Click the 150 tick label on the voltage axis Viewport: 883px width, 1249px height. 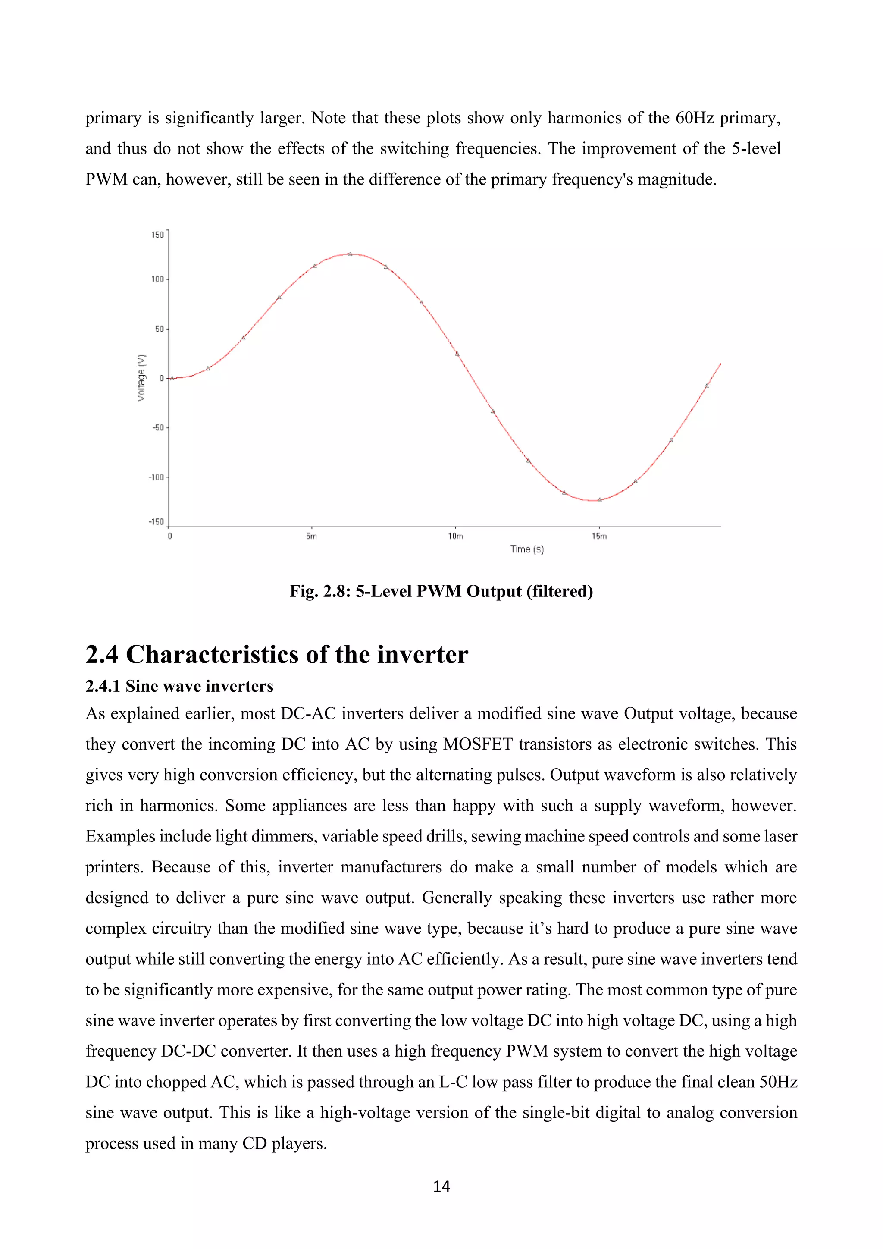(x=157, y=235)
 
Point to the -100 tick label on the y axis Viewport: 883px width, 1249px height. (x=156, y=477)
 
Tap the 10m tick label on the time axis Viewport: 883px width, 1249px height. (x=455, y=537)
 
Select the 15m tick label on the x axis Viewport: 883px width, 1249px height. (x=599, y=537)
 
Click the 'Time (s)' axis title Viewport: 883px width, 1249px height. (x=527, y=549)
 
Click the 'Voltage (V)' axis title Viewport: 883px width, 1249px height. (x=141, y=377)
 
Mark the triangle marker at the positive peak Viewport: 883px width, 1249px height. (x=350, y=254)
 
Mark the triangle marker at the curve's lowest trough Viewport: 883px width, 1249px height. (x=600, y=499)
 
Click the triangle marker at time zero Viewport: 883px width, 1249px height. (x=172, y=378)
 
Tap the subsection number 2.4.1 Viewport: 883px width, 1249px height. (x=103, y=687)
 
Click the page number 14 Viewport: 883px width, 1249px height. (x=441, y=1186)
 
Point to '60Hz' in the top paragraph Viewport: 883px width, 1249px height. (x=694, y=118)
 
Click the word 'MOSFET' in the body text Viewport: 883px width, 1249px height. (x=477, y=744)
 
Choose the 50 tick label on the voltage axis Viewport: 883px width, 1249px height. (x=159, y=329)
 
